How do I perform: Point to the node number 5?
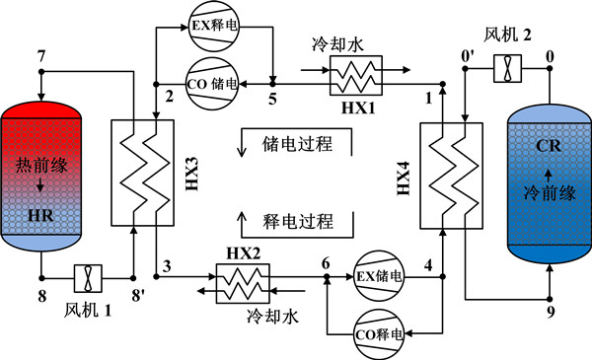click(x=273, y=98)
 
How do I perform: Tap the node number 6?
click(x=326, y=262)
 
